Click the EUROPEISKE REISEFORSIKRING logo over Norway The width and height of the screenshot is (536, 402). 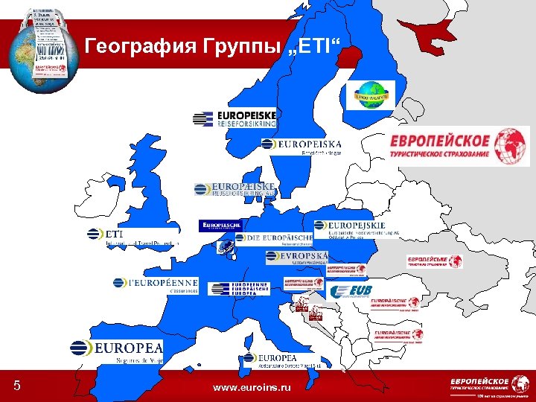pyautogui.click(x=234, y=118)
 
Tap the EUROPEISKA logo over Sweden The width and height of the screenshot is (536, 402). pyautogui.click(x=301, y=145)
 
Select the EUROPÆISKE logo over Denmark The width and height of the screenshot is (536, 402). pyautogui.click(x=235, y=189)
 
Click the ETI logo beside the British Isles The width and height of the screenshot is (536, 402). pyautogui.click(x=133, y=235)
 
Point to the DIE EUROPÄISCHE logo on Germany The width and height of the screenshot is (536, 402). pyautogui.click(x=274, y=239)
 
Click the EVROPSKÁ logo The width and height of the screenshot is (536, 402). pyautogui.click(x=296, y=258)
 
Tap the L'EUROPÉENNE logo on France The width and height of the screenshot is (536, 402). pyautogui.click(x=156, y=284)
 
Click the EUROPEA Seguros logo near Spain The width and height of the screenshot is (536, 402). pyautogui.click(x=116, y=349)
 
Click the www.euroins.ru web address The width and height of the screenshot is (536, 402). pyautogui.click(x=252, y=388)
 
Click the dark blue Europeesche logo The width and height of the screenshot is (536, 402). pyautogui.click(x=220, y=225)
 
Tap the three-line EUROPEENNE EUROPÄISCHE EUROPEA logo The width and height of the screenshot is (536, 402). pyautogui.click(x=238, y=289)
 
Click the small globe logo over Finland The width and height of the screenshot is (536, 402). pyautogui.click(x=373, y=95)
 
